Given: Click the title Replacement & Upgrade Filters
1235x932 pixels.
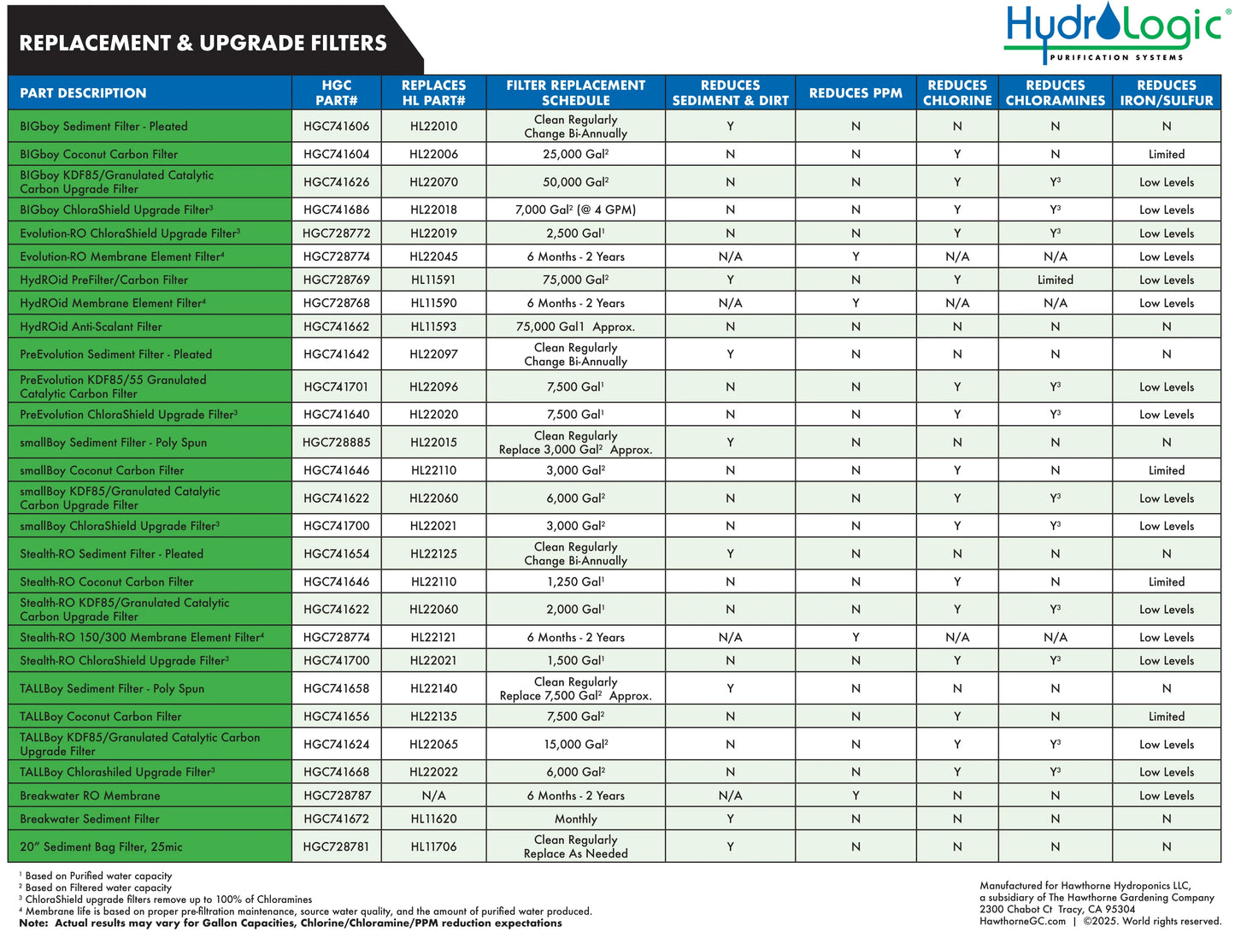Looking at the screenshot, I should coord(203,43).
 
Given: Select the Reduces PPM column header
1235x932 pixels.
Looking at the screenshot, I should coord(856,93).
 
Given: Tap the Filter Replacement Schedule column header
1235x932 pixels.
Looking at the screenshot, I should coord(575,93).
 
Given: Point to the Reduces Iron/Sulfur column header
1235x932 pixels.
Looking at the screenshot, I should coord(1166,93).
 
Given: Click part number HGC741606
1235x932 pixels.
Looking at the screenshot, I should coord(336,127).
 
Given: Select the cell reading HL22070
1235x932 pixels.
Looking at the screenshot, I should coord(433,182).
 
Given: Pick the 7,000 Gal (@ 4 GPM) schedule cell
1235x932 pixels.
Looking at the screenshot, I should coord(575,209).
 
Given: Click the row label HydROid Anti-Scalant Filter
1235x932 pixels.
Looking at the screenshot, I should coord(91,327).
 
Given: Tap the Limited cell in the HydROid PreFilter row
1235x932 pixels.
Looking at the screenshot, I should coord(1055,280).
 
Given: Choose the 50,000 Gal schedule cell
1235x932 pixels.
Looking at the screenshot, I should coord(575,182).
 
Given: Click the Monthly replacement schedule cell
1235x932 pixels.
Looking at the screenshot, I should coord(575,819).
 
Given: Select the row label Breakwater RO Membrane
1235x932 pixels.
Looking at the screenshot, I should coord(90,796).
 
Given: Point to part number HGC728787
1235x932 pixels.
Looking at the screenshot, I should coord(337,796).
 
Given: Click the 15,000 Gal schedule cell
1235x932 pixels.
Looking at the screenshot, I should coord(575,745).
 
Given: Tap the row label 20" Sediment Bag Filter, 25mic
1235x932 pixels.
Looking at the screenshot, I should coord(101,847).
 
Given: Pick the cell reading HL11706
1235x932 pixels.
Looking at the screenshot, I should coord(433,847).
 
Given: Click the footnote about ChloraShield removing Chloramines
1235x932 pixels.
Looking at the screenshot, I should coord(168,900).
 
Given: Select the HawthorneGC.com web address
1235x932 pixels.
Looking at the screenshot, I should coord(1022,921).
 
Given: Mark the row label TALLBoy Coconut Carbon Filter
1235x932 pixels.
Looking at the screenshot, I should coord(100,717).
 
